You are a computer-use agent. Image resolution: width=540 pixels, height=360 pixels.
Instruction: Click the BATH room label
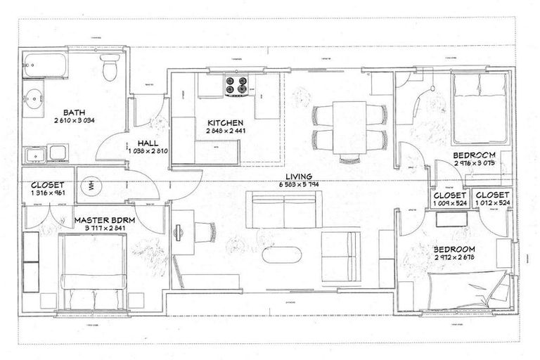[75, 112]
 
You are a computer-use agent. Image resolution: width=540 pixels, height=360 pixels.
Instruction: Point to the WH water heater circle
[91, 187]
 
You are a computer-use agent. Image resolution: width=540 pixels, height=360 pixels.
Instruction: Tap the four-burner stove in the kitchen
[236, 86]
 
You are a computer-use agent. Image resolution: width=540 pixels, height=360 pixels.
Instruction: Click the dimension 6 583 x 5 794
[300, 184]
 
